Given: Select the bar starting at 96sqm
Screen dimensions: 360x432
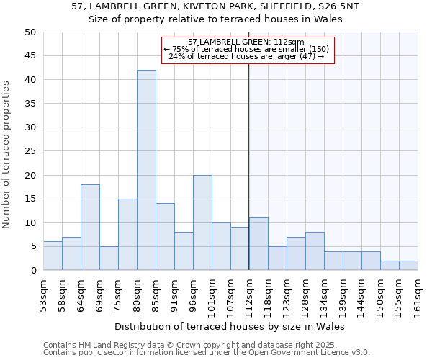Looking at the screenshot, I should point(202,222).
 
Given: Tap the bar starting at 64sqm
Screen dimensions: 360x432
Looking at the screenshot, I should point(90,228).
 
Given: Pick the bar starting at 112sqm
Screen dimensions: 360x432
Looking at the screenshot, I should point(258,244).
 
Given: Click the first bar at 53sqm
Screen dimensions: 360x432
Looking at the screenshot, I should point(53,256).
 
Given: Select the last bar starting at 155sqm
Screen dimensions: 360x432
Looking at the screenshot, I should point(408,266).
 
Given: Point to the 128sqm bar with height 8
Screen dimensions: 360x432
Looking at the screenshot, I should point(315,251).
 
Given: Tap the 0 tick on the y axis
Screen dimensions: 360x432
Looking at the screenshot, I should point(33,271).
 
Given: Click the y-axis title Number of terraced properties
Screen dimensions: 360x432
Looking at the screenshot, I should point(6,155).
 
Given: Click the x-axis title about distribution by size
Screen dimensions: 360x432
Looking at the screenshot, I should point(230,326).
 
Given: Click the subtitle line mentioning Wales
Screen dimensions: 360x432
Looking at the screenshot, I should point(215,19).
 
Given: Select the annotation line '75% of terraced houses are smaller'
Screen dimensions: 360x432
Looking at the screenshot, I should point(247,49).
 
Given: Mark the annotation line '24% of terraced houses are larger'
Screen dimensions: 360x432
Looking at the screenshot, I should point(247,56).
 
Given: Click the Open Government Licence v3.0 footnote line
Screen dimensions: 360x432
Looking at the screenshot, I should point(207,352).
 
